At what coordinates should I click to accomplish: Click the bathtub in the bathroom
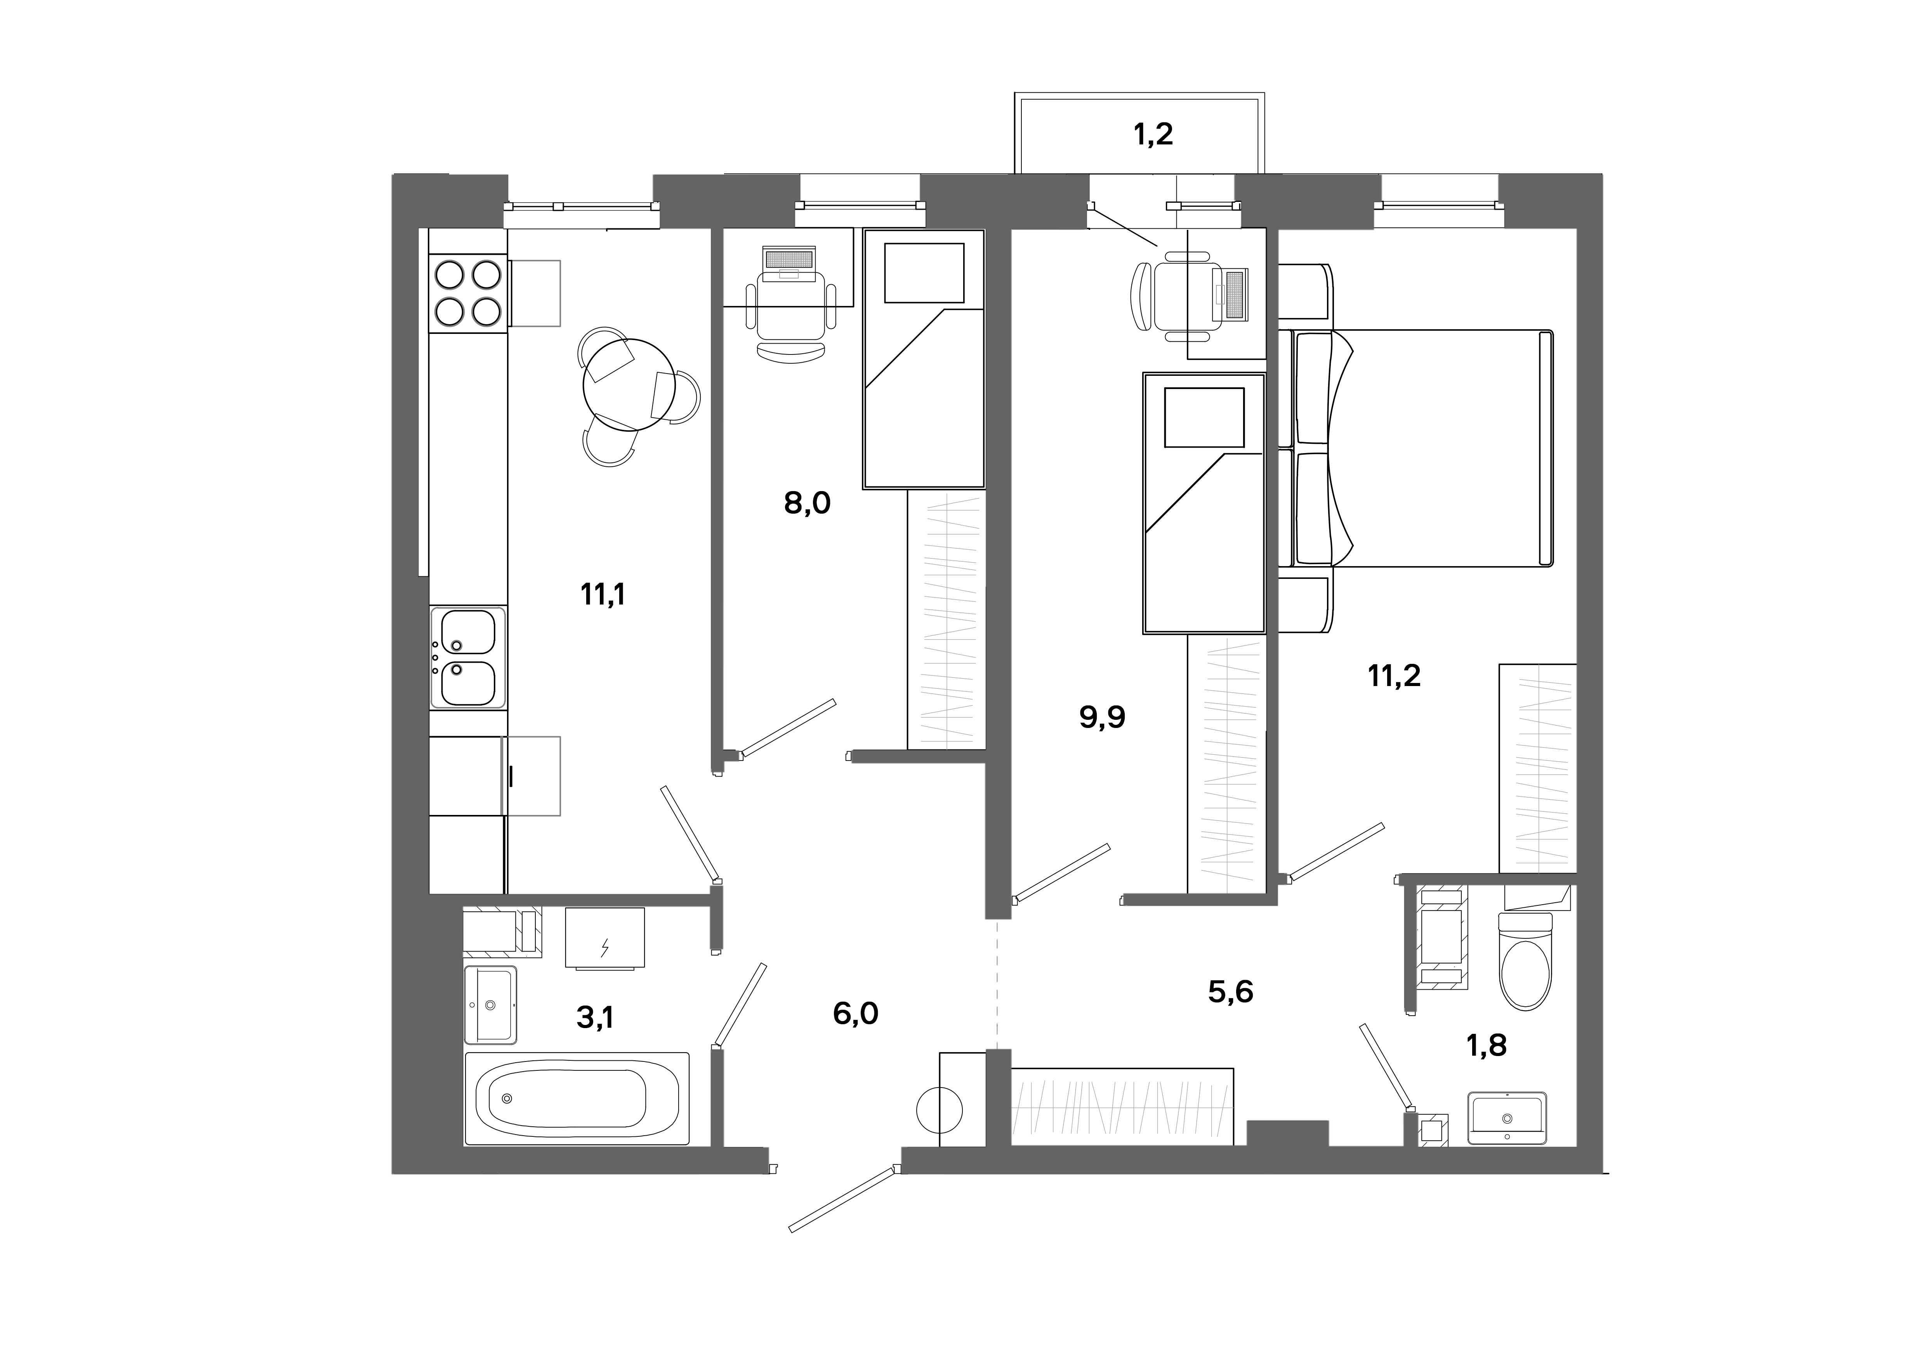pos(577,1099)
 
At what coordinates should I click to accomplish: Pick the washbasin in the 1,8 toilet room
pos(1507,1118)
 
